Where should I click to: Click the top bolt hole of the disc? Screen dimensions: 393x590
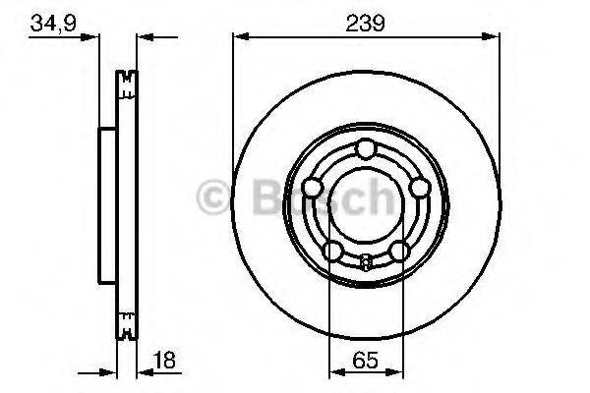[365, 149]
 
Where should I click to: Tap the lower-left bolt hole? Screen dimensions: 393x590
[332, 251]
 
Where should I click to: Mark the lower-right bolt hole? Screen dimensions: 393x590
[397, 251]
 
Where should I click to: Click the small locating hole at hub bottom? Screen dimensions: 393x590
[365, 261]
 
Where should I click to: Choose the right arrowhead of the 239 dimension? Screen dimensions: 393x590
[491, 37]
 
